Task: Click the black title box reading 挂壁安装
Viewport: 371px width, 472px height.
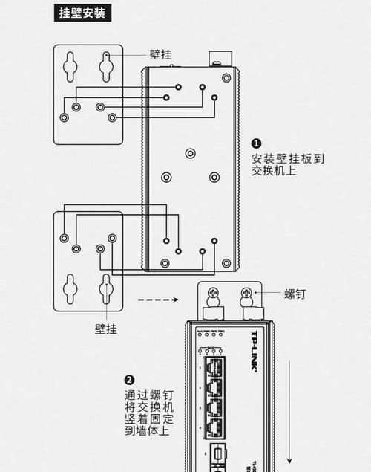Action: (82, 13)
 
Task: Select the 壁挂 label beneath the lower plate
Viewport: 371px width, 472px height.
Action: (105, 328)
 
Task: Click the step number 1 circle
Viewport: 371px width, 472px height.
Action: (256, 143)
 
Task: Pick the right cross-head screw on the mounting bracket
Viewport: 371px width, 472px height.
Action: (245, 294)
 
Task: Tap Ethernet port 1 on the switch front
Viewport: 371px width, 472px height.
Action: (214, 366)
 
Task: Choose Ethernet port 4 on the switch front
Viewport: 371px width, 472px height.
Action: (214, 427)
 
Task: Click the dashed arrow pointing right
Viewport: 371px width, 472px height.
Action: (159, 301)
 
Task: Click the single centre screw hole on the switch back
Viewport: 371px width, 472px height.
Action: (191, 154)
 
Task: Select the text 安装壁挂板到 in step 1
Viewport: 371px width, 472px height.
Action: (288, 158)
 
